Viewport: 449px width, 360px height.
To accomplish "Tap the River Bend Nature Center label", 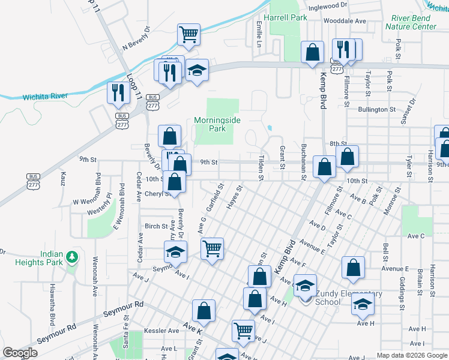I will coord(411,22).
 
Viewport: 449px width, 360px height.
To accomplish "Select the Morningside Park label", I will coord(217,124).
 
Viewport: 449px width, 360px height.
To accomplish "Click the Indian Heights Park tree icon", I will coord(72,257).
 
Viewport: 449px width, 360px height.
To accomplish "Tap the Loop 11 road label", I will coord(135,86).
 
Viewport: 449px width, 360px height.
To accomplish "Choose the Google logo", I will coord(20,353).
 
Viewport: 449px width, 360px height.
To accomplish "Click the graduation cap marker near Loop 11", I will coord(196,70).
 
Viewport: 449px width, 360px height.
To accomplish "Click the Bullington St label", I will coord(377,110).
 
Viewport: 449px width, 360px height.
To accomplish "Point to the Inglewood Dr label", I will coord(328,5).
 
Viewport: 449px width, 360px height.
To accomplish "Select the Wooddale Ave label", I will coord(345,20).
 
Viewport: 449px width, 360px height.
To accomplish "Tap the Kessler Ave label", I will coord(165,331).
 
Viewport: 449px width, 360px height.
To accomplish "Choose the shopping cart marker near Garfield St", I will coord(212,247).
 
